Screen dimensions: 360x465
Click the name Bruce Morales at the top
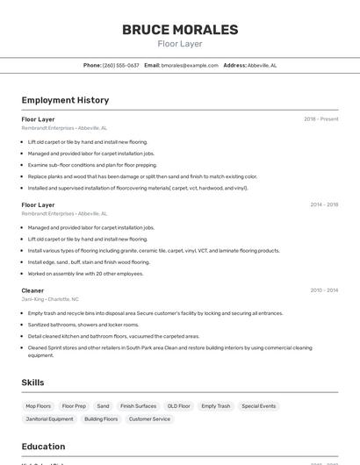pos(180,30)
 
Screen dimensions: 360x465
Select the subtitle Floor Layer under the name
pos(180,44)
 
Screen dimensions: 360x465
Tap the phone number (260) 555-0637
pos(120,65)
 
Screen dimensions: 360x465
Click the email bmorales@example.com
pos(189,65)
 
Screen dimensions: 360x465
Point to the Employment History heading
pos(65,100)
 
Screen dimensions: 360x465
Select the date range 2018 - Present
pos(320,118)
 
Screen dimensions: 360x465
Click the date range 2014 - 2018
pos(324,204)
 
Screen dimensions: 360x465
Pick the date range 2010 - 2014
pos(324,290)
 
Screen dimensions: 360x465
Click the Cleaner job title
pos(32,290)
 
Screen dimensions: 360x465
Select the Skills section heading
pos(32,383)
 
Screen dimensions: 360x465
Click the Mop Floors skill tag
pos(39,406)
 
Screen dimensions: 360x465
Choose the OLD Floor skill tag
pos(179,406)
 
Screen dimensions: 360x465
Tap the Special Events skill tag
pos(259,406)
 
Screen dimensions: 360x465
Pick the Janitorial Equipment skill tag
pos(49,419)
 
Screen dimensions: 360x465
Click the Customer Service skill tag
pos(149,419)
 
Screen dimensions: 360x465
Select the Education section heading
pos(43,447)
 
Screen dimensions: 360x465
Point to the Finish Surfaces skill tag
pos(139,406)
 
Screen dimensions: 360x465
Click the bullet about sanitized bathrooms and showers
pos(83,324)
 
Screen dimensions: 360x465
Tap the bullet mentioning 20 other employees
pos(85,273)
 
